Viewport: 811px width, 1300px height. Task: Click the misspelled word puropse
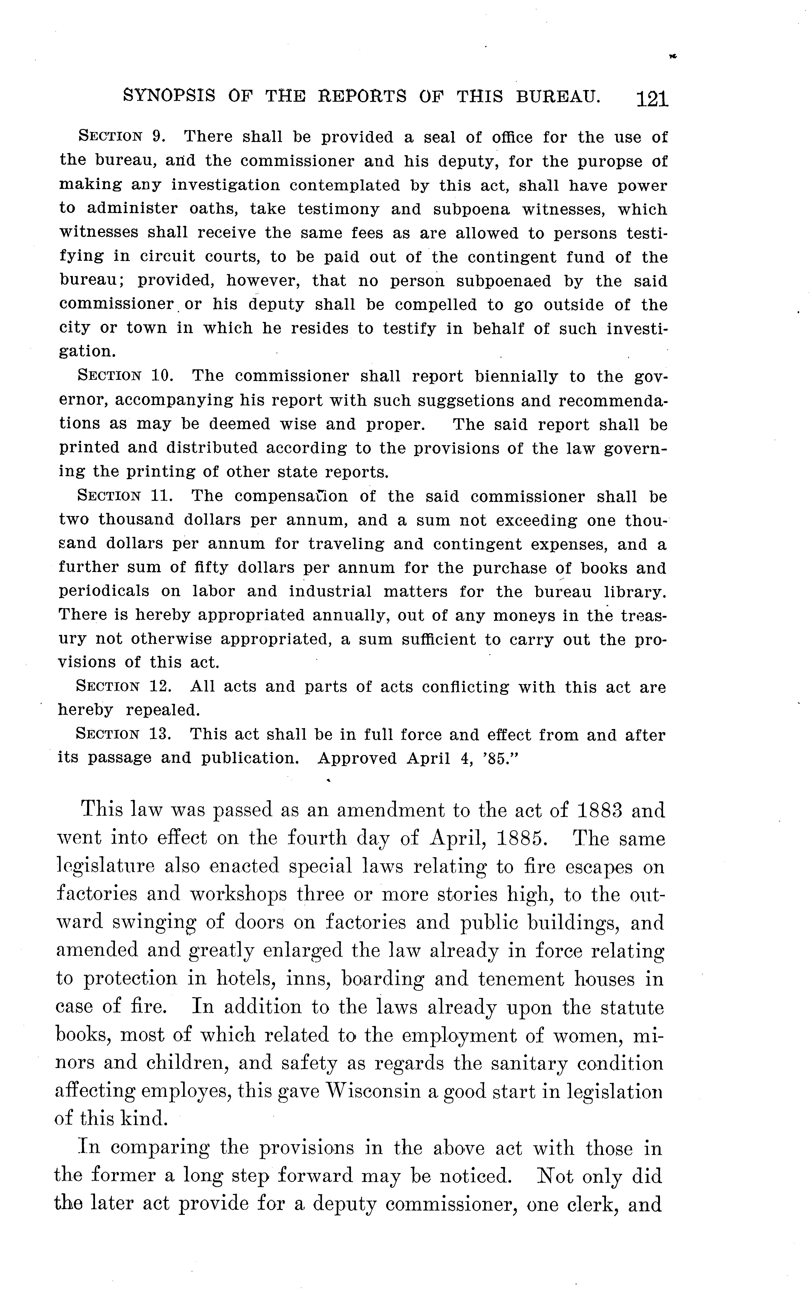click(x=604, y=162)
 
